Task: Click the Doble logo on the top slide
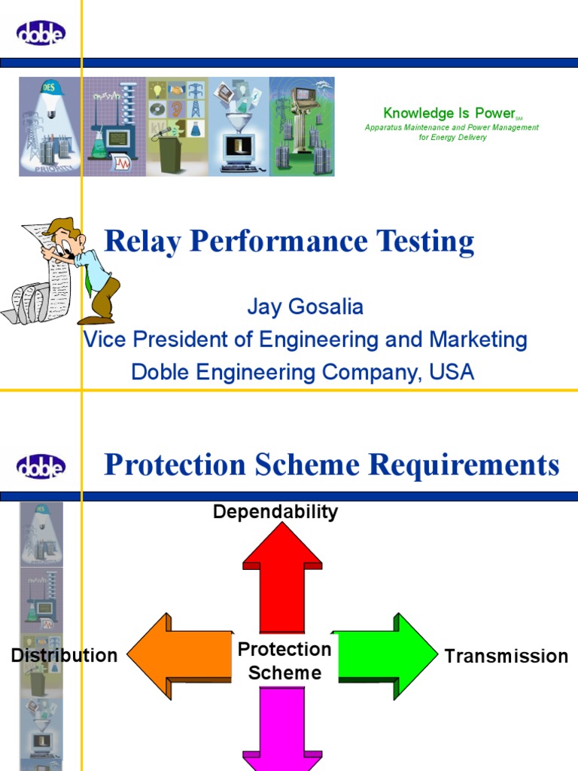click(x=41, y=32)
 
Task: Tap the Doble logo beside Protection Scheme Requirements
click(x=41, y=467)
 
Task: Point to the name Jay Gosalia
click(x=305, y=307)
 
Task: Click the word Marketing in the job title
click(x=478, y=340)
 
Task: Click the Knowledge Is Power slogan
click(x=449, y=114)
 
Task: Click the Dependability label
click(x=275, y=512)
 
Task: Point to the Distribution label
click(x=64, y=656)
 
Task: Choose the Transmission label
click(x=506, y=657)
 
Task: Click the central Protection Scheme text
click(x=284, y=661)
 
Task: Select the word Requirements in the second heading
click(x=470, y=465)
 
